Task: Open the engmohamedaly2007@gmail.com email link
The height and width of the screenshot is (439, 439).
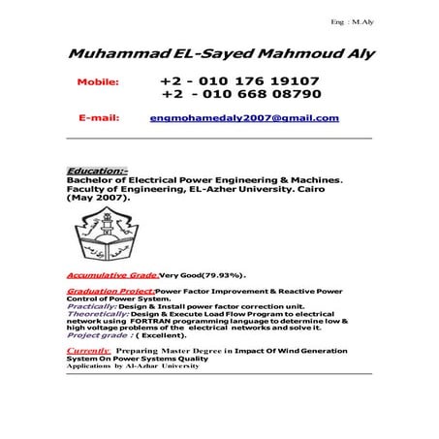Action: tap(244, 118)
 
